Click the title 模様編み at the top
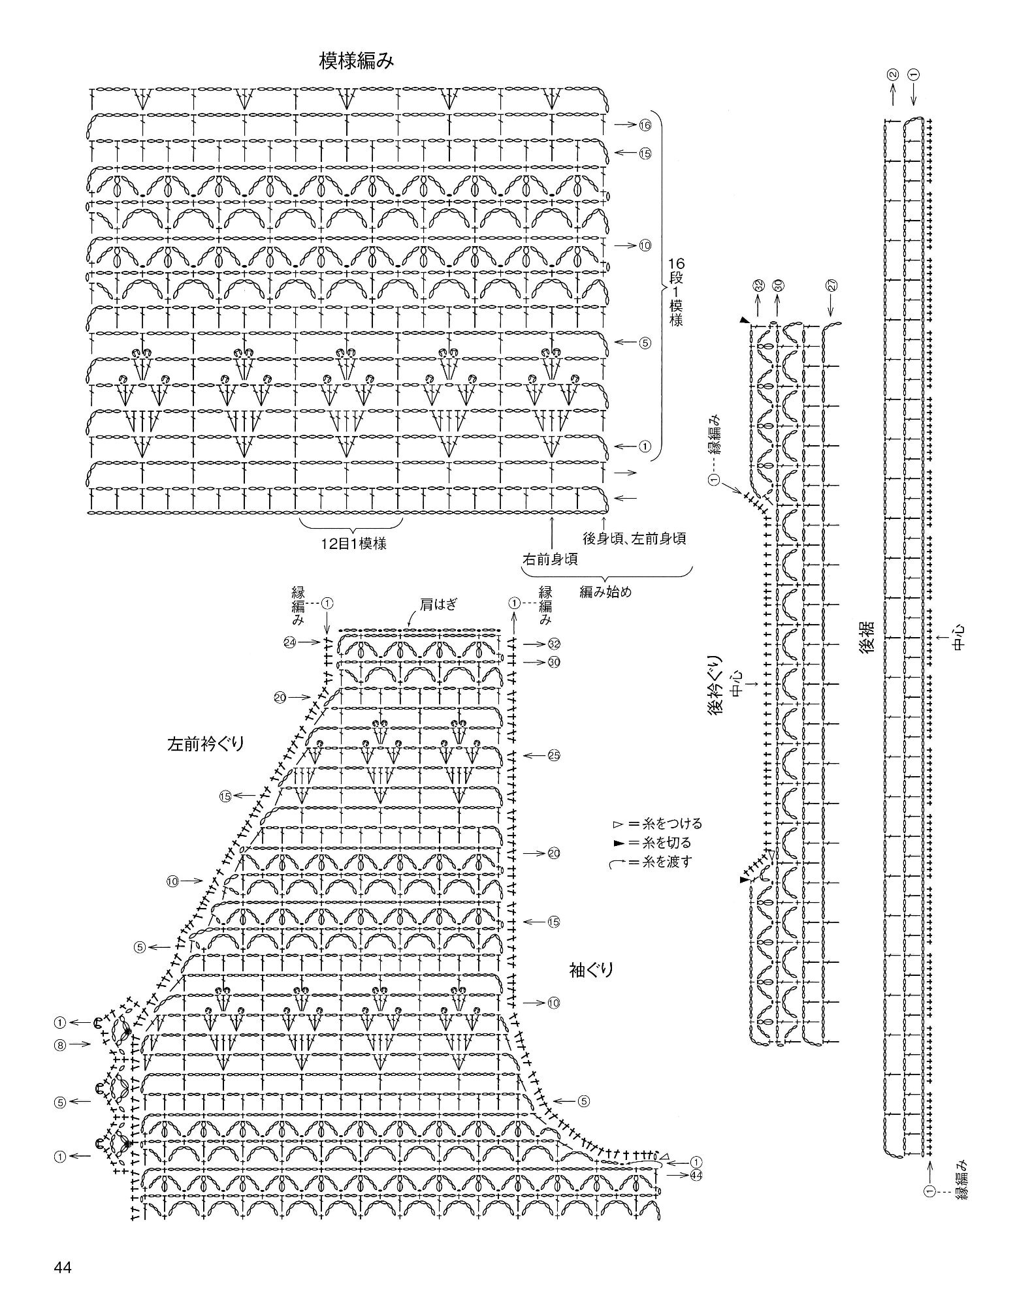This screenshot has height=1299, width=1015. (357, 61)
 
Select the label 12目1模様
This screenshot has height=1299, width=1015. (353, 543)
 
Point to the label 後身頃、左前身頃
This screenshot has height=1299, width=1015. (634, 539)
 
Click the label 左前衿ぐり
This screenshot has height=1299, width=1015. (205, 743)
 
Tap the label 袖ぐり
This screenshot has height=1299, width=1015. (592, 969)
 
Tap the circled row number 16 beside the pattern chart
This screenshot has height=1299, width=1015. (645, 125)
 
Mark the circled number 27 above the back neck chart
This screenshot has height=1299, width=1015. (831, 285)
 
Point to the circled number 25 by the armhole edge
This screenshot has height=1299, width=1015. (554, 755)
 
